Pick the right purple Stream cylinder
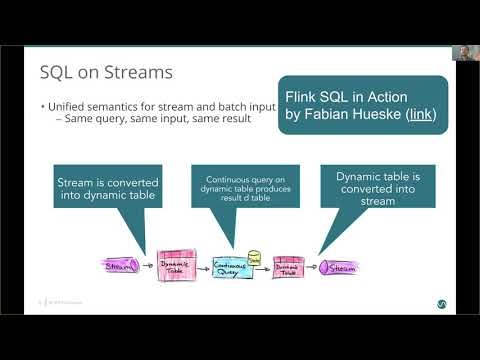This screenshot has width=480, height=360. tap(338, 267)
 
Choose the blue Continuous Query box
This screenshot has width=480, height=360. tap(233, 267)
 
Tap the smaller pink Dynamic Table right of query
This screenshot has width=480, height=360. tap(288, 267)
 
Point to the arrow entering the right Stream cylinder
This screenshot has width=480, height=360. tap(312, 267)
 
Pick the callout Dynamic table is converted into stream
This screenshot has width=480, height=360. tap(378, 186)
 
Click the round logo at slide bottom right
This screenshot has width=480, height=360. tap(441, 302)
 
